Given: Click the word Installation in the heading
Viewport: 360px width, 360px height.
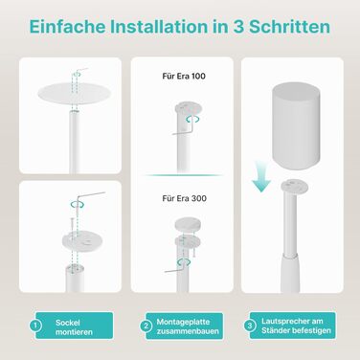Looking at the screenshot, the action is click(159, 27).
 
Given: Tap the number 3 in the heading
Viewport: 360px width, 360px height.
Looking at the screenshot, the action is click(237, 27).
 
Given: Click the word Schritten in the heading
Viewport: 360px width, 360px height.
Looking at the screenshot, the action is click(289, 27).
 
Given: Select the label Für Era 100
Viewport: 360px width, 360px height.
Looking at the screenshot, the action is click(184, 76).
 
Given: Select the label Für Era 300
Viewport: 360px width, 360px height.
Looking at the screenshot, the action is click(184, 198).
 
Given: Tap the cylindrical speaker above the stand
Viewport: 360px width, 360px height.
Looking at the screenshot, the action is click(296, 125).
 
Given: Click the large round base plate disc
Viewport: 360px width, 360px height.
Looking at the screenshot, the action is click(75, 93).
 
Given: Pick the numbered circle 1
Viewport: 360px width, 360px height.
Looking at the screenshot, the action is click(35, 326).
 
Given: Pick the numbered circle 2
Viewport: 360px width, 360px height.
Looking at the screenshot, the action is click(146, 326).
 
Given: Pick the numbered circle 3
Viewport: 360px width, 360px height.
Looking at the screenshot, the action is click(250, 326).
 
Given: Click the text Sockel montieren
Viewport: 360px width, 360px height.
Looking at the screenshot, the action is click(74, 327).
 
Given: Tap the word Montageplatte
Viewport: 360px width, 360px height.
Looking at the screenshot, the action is click(183, 322).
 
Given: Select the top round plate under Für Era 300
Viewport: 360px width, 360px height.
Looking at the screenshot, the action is click(187, 224).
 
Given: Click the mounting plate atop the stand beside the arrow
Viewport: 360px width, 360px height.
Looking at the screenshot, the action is click(294, 186).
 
